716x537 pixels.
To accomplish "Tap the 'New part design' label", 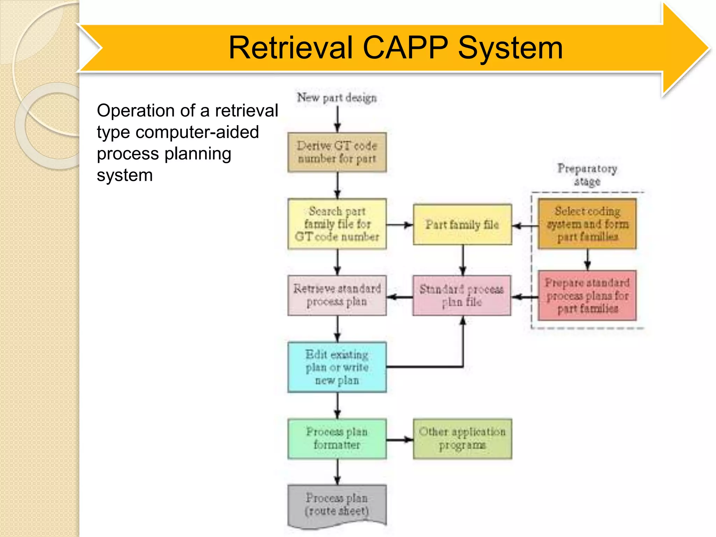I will (337, 98).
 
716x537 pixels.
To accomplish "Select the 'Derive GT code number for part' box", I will (337, 152).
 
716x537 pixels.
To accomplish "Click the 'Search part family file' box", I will (337, 224).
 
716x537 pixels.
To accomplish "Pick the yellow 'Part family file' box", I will (462, 224).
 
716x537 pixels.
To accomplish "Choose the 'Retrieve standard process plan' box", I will (337, 295).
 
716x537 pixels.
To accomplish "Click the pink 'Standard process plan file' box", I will (462, 295).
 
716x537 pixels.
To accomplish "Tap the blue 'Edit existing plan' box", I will (337, 367).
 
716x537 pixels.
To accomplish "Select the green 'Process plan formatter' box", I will (337, 439).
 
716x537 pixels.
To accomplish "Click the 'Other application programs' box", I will (462, 439).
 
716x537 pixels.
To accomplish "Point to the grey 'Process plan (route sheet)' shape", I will (337, 505).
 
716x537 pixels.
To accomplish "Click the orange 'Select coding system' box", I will (587, 224).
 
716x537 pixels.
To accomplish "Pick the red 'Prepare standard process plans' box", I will (587, 295).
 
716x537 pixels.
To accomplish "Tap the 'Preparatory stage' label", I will (587, 175).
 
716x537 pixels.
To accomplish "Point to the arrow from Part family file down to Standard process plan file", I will (463, 260).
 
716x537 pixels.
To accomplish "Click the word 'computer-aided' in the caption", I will (197, 132).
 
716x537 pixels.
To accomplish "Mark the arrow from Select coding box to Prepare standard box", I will (588, 259).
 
